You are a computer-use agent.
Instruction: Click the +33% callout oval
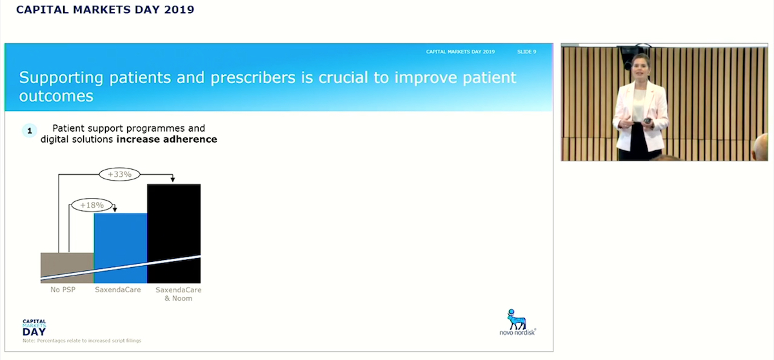119,174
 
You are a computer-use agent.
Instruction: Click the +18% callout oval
92,205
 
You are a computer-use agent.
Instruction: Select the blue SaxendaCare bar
121,248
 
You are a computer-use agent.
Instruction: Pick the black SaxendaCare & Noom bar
174,234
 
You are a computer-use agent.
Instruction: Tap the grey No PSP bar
67,268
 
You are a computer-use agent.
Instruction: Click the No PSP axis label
63,290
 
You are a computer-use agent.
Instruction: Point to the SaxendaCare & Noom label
178,294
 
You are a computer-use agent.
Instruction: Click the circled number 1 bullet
30,131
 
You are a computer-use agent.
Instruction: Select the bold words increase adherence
166,139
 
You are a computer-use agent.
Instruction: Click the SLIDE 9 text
526,52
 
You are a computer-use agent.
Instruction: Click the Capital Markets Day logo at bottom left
34,328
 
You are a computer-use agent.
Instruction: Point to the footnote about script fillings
82,341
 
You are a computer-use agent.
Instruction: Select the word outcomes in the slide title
56,96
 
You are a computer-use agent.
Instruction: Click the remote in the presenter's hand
647,121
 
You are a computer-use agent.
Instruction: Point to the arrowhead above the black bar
173,179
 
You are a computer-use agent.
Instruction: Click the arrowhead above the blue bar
115,208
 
